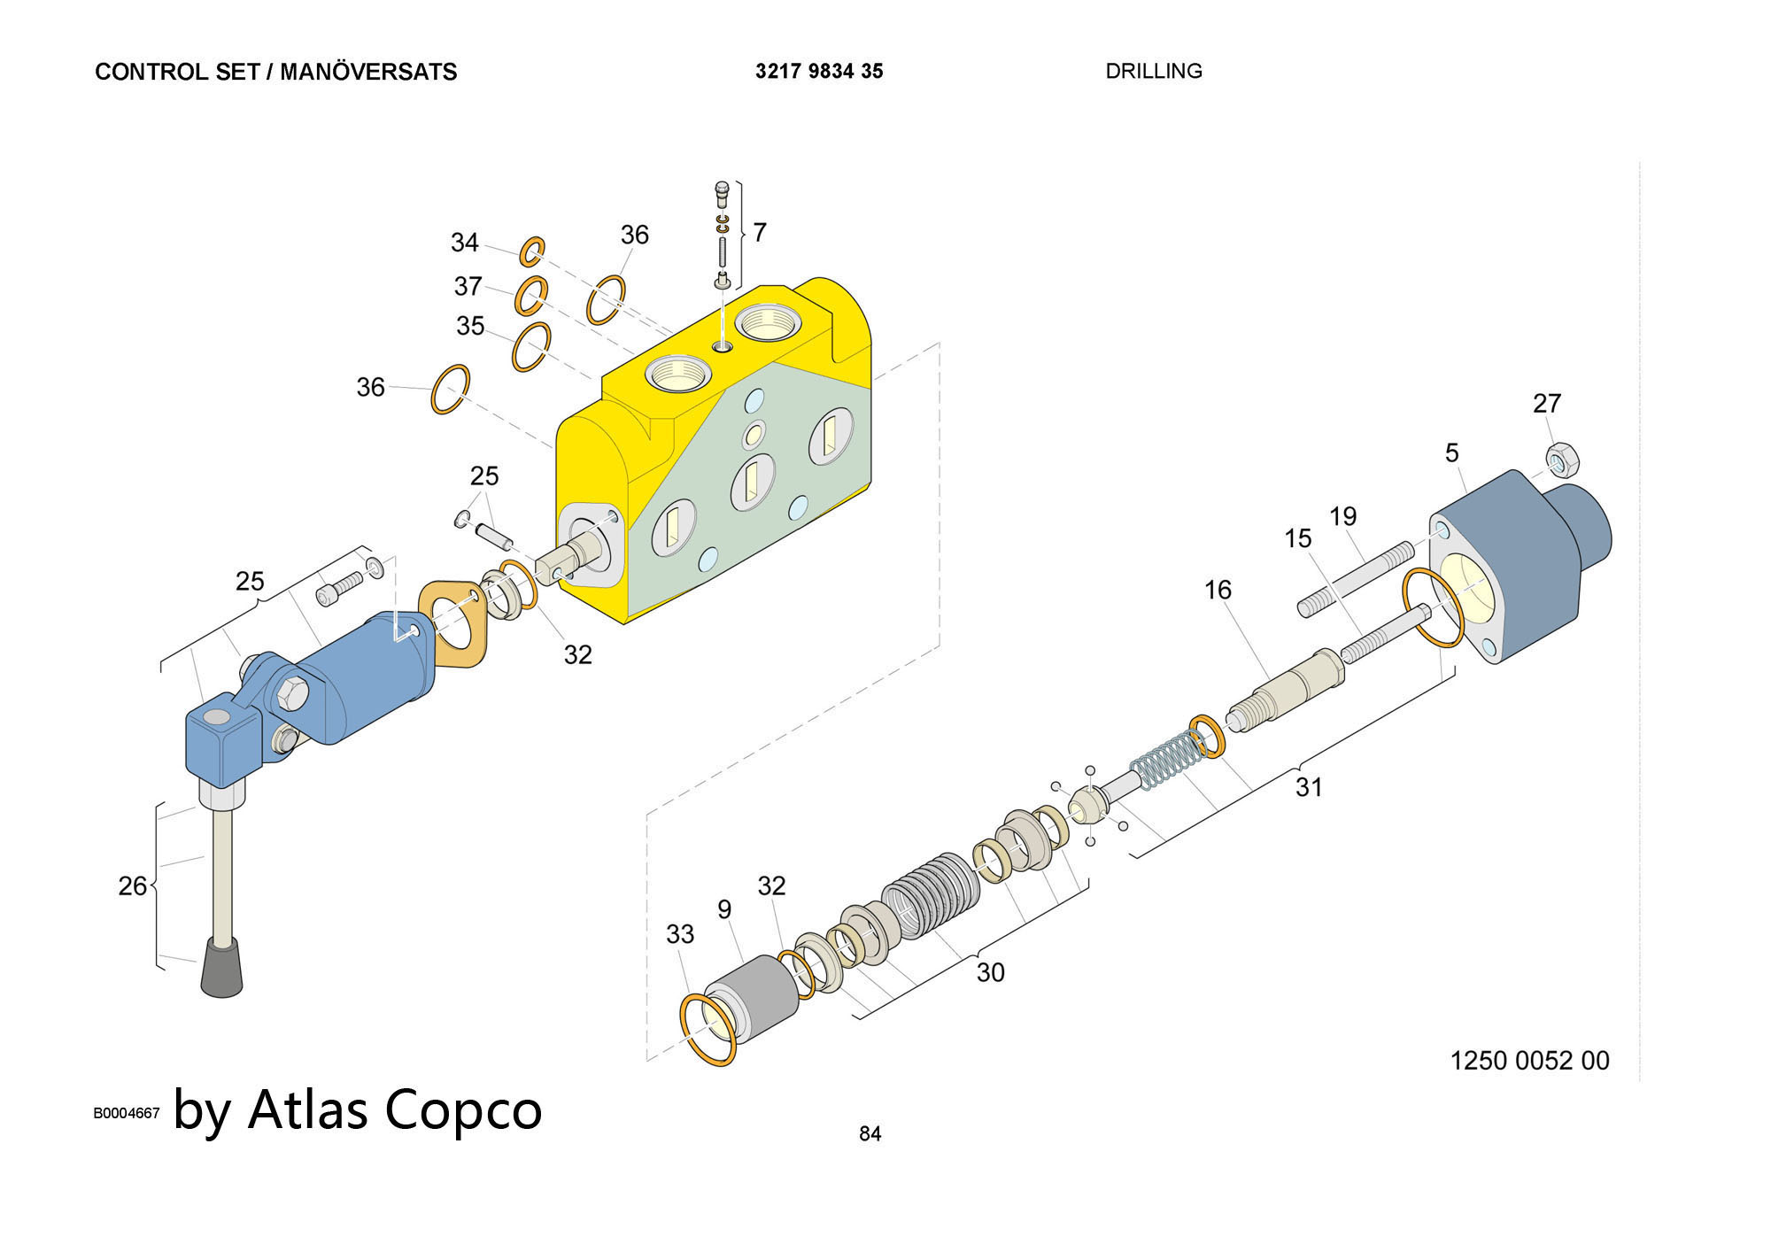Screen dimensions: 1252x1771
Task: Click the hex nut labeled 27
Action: point(1558,459)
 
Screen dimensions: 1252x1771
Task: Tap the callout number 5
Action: point(1451,453)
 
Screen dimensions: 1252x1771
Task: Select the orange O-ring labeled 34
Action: point(532,251)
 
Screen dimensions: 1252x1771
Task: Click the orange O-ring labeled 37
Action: point(531,295)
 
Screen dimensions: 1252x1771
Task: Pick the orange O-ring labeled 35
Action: point(531,346)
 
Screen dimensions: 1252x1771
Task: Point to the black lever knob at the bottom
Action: point(221,969)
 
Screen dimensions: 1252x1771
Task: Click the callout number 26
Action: point(132,885)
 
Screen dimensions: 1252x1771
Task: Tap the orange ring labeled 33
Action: point(708,1029)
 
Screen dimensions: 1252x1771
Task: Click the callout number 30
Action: point(990,972)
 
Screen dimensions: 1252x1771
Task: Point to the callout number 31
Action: point(1309,786)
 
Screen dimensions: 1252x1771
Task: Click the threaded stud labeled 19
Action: point(1355,581)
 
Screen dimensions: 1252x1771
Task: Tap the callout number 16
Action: point(1218,590)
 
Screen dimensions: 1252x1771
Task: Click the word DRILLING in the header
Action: point(1153,71)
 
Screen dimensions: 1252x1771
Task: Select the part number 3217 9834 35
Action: point(819,71)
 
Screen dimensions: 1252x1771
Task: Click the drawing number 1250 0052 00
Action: point(1529,1060)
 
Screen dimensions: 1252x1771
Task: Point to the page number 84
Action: point(870,1133)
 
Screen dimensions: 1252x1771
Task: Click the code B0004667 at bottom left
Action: point(127,1113)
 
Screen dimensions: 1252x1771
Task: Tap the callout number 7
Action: point(759,232)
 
